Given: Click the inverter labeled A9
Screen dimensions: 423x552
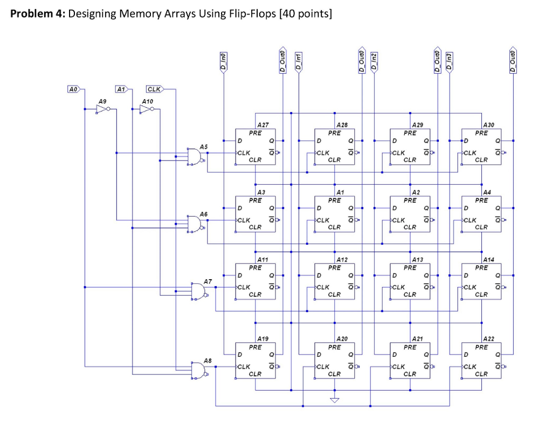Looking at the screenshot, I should pos(102,109).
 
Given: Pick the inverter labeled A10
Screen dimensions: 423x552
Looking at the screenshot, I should pos(146,109).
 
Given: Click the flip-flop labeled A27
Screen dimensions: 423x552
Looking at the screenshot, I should pos(255,147).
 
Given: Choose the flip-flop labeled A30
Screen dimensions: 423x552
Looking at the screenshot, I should pos(481,147).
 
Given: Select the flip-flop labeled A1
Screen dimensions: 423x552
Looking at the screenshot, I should pos(334,214).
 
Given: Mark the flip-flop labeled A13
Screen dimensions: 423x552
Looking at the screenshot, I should pos(410,281).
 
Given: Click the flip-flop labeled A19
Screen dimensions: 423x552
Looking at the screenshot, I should pos(255,360).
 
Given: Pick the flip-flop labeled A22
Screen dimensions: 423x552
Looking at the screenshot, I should pos(481,360).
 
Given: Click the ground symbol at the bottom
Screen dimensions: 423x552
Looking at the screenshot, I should pos(335,399).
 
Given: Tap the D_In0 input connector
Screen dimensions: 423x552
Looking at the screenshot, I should pos(224,60).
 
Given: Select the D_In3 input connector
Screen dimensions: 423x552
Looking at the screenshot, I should pos(450,60).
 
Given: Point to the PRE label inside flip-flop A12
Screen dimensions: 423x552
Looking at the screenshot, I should pos(334,268).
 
